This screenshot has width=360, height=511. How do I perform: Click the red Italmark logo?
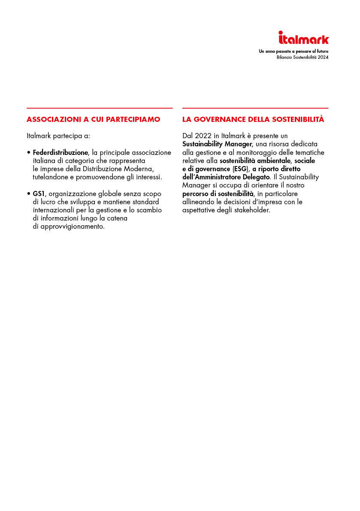coord(303,38)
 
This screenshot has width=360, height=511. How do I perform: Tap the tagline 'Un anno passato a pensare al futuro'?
coord(293,51)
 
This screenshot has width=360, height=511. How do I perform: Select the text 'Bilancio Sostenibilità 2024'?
coord(303,57)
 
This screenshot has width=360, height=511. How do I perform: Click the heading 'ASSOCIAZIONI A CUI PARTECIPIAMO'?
coord(93,119)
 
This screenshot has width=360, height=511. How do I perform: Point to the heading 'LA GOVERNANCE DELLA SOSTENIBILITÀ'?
coord(253,119)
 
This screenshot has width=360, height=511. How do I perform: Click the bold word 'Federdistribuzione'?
coord(61,152)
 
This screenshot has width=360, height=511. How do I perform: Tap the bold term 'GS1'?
coord(39,194)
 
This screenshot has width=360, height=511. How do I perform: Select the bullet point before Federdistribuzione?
coord(28,152)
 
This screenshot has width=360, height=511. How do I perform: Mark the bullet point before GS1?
coord(28,194)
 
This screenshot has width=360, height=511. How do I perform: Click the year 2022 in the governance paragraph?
coord(203,136)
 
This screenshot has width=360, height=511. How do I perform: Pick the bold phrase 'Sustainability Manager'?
coord(217,144)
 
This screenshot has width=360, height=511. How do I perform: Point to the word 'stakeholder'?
coord(252,210)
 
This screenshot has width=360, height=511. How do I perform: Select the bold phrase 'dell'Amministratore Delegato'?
coord(226,177)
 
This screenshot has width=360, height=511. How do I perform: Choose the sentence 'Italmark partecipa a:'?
coord(58,136)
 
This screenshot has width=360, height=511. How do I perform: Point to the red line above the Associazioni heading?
coord(100,108)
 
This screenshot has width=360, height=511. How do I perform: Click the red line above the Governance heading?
coord(255,108)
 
